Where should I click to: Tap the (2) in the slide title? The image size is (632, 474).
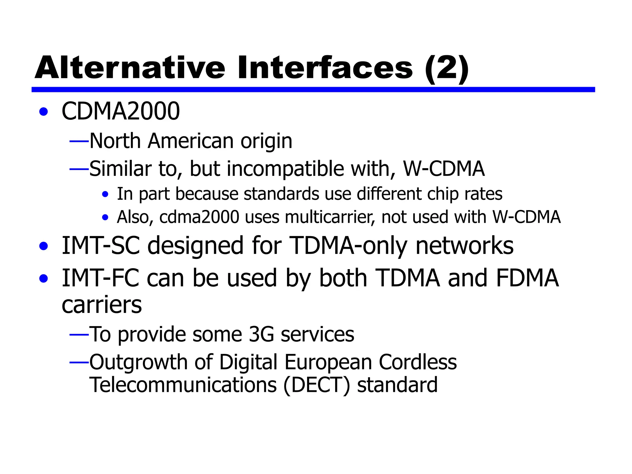(447, 69)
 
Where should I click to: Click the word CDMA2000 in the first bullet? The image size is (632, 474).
(121, 111)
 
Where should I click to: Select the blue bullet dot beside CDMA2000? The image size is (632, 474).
(44, 112)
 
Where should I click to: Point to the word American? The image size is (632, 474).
(191, 141)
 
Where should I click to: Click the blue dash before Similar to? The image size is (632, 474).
(79, 169)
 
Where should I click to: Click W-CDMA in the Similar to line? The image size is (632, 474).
(444, 169)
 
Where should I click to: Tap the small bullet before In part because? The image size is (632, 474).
(105, 194)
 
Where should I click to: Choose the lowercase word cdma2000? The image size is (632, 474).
(199, 217)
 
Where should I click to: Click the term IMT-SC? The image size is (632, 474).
(101, 245)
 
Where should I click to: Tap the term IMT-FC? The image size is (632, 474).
(100, 278)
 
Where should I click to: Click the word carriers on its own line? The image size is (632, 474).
(102, 305)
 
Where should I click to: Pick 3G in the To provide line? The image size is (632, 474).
(261, 334)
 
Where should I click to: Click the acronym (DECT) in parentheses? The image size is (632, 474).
(317, 385)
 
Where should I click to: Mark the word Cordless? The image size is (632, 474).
(418, 362)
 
